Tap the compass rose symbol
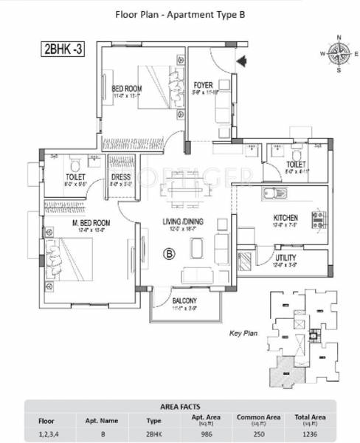338,53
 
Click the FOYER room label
204,85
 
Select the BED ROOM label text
127,89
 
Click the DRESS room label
121,177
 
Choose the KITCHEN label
285,218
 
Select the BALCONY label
184,301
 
